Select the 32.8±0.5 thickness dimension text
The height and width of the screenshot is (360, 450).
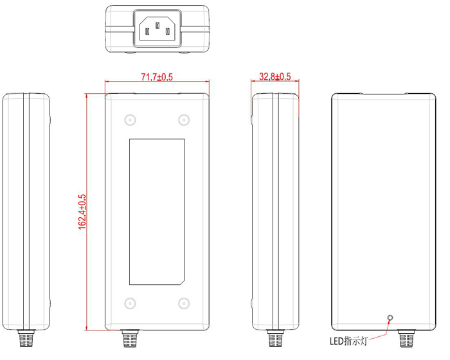[275, 76]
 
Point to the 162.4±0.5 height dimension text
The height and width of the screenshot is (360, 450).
[82, 212]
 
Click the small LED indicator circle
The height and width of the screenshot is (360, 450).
[389, 317]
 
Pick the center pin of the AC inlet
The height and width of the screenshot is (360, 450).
[157, 26]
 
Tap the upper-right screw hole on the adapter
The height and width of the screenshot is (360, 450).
[184, 120]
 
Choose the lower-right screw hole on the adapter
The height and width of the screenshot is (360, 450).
[184, 304]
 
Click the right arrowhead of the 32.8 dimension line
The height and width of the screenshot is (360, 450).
[296, 82]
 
